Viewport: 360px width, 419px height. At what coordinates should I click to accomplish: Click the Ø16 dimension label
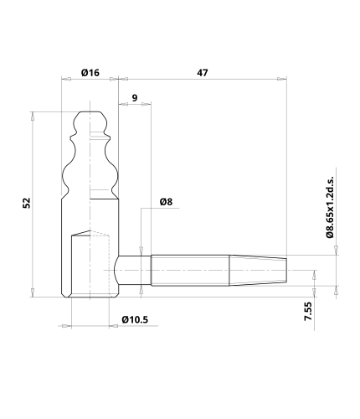90,73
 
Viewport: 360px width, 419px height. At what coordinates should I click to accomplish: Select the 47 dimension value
203,73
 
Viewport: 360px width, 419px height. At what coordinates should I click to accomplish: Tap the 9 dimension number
135,98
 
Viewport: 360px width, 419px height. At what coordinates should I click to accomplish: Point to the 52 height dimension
27,203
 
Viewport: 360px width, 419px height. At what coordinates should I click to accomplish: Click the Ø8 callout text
166,202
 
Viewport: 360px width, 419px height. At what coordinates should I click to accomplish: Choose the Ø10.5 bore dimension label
135,319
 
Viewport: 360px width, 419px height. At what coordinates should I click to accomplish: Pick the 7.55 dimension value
308,311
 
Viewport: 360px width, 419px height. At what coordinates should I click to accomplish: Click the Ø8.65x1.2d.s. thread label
330,207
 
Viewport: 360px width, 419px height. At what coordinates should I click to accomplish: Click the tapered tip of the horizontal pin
258,270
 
